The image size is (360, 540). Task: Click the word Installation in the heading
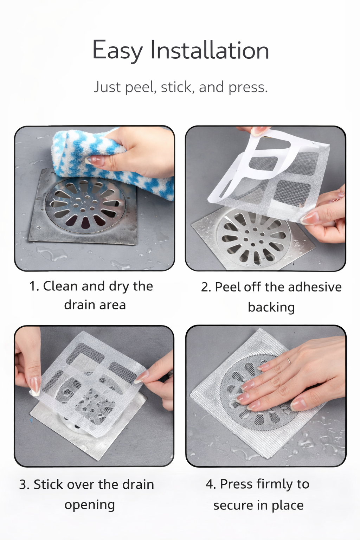tap(210, 50)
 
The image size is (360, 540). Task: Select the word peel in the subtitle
tap(141, 87)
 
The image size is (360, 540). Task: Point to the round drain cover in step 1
tap(85, 205)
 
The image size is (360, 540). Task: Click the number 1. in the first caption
tap(34, 286)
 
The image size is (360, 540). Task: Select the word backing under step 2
tap(271, 307)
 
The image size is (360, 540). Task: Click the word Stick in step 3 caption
tap(48, 484)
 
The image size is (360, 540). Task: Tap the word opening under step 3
tap(90, 504)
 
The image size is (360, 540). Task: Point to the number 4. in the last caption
tap(211, 484)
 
